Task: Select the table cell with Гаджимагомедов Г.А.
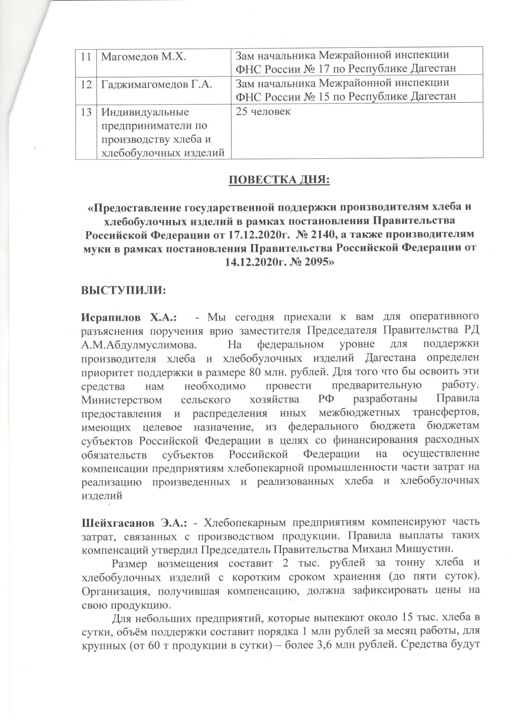tap(156, 83)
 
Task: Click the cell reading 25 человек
tap(262, 112)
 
